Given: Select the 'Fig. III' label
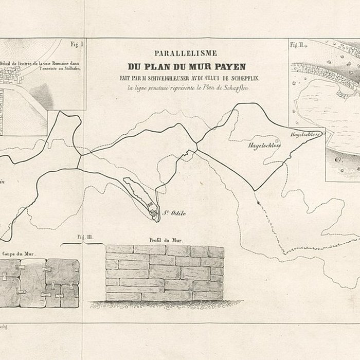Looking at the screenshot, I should point(84,237).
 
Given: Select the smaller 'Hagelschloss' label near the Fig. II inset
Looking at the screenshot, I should point(305,134).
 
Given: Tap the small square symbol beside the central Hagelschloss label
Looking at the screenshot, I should point(277,140).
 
